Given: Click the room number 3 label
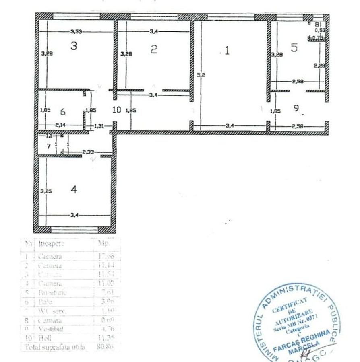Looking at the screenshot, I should pyautogui.click(x=73, y=46).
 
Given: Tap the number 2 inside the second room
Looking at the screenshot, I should pyautogui.click(x=153, y=49).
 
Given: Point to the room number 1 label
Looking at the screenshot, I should pyautogui.click(x=227, y=51).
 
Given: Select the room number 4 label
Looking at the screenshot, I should pyautogui.click(x=74, y=189).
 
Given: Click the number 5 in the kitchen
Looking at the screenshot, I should pyautogui.click(x=294, y=47).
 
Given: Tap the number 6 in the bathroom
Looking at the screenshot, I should pyautogui.click(x=63, y=111).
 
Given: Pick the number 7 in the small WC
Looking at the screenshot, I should pyautogui.click(x=48, y=146).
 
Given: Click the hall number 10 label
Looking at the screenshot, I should pyautogui.click(x=116, y=110).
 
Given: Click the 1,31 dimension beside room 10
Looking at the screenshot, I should pyautogui.click(x=99, y=126).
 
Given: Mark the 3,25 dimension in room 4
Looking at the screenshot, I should pyautogui.click(x=46, y=192).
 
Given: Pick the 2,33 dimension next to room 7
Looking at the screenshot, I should pyautogui.click(x=88, y=152).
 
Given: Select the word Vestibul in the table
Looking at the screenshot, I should pyautogui.click(x=48, y=329).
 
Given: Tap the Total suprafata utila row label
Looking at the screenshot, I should pyautogui.click(x=55, y=346).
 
